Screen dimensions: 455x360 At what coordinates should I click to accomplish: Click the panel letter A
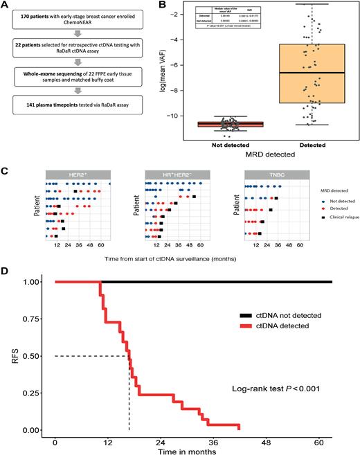coord(6,6)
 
